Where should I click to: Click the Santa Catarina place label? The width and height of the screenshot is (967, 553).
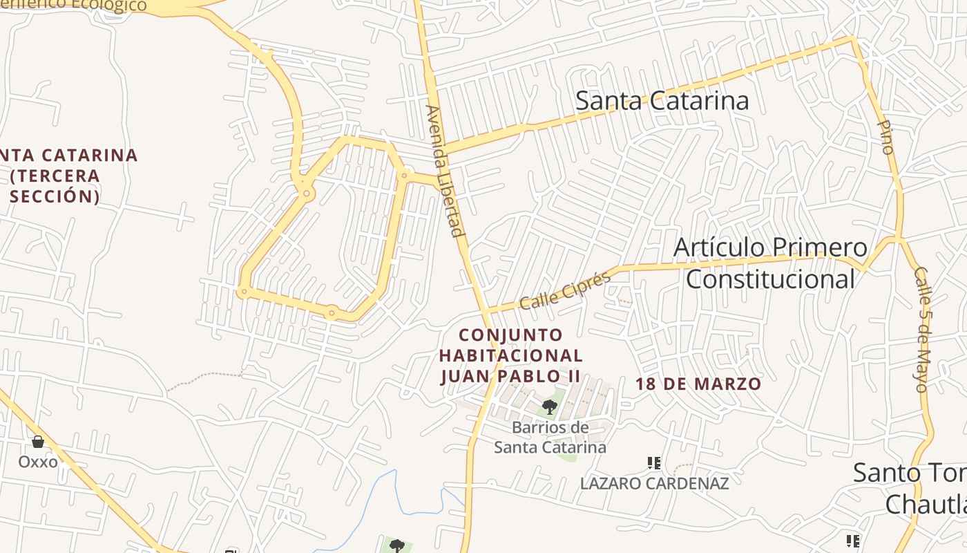[x=662, y=101]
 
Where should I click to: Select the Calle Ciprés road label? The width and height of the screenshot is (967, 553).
[x=565, y=291]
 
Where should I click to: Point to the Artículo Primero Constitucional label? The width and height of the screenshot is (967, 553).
[x=770, y=263]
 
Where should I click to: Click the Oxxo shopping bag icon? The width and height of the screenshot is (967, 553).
[x=38, y=441]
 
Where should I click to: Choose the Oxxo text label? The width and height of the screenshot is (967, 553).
[x=38, y=461]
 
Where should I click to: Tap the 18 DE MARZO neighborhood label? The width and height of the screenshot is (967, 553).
[x=698, y=384]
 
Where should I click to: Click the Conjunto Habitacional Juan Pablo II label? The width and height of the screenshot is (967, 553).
[x=511, y=355]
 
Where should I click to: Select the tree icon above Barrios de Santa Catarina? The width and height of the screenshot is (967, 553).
[x=550, y=406]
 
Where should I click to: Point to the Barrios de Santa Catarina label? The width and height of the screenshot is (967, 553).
[x=550, y=437]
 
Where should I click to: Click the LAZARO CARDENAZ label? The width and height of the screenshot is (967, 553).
[x=654, y=483]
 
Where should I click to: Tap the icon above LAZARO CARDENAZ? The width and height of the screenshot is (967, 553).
[x=653, y=462]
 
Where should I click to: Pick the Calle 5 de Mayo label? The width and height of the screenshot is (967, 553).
[x=922, y=329]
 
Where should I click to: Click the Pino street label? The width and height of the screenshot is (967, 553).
[x=885, y=136]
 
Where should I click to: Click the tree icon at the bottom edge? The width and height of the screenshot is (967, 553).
[x=396, y=546]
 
